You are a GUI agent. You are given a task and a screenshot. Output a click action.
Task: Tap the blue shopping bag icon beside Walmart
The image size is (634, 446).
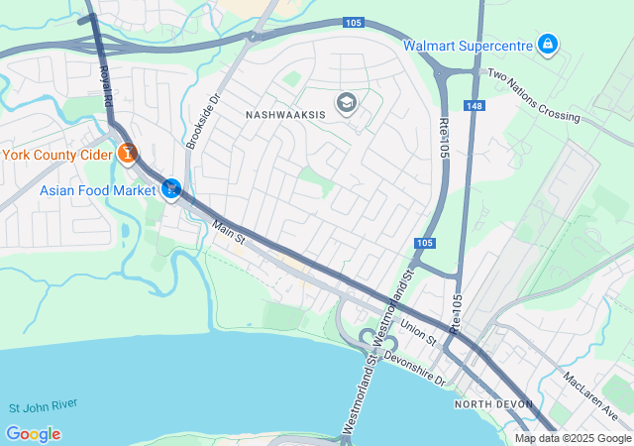pyautogui.click(x=547, y=45)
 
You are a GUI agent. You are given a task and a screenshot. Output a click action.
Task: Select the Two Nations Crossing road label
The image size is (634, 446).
pyautogui.click(x=534, y=95)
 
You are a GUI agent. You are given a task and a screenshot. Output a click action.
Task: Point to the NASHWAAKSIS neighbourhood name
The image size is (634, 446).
pyautogui.click(x=285, y=115)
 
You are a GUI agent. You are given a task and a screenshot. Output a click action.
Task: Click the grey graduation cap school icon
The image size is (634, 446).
pyautogui.click(x=346, y=103)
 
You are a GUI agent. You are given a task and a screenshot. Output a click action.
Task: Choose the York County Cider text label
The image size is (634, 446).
pyautogui.click(x=55, y=155)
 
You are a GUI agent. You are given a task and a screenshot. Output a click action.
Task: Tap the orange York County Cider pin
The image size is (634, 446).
pyautogui.click(x=127, y=154)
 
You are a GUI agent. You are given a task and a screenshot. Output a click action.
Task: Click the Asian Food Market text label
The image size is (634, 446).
pyautogui.click(x=98, y=189)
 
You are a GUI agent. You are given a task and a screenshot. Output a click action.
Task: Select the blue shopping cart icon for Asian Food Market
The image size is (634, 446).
pyautogui.click(x=171, y=188)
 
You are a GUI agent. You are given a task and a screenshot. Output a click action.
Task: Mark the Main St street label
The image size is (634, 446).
pyautogui.click(x=229, y=234)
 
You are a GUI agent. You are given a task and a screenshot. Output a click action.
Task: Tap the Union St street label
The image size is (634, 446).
pyautogui.click(x=419, y=330)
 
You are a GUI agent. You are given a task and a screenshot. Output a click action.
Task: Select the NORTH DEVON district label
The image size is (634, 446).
pyautogui.click(x=493, y=404)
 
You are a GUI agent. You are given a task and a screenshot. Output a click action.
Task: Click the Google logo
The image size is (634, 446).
pyautogui.click(x=33, y=434)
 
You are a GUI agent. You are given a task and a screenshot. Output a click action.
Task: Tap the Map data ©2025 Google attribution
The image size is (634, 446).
pyautogui.click(x=572, y=438)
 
